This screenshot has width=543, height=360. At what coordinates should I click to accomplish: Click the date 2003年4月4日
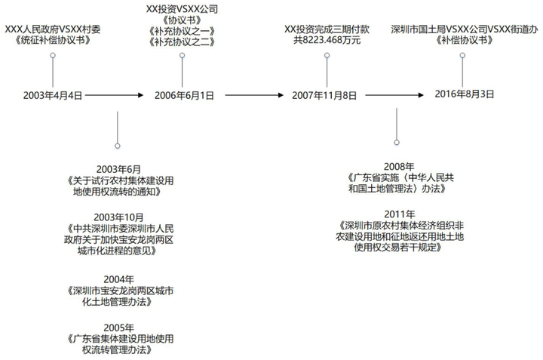(53, 95)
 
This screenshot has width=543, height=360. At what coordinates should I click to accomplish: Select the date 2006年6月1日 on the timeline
(184, 95)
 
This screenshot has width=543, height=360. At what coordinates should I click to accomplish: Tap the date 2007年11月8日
(324, 95)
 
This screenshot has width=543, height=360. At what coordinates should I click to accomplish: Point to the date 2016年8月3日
(465, 94)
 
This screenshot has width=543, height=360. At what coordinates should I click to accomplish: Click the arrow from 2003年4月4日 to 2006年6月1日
(115, 95)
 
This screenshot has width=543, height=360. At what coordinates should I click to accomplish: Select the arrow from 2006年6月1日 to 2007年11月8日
(254, 95)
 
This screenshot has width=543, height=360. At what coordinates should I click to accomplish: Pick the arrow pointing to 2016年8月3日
(394, 95)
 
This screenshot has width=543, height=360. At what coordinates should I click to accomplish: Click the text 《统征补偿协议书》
(53, 40)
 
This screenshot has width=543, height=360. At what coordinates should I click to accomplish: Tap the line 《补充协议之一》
(183, 31)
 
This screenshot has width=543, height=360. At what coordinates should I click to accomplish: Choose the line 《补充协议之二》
(183, 42)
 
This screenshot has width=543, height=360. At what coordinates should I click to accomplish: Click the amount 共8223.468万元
(327, 40)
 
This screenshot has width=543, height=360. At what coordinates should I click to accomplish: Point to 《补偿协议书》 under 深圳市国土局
(465, 40)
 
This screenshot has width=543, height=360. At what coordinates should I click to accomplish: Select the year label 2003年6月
(118, 169)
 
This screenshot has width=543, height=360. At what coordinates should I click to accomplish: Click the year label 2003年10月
(118, 217)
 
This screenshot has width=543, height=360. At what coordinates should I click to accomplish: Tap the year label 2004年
(118, 279)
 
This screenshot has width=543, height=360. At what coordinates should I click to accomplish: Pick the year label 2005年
(118, 328)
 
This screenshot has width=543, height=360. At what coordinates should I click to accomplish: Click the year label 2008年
(399, 167)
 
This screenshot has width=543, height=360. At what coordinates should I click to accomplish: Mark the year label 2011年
(399, 214)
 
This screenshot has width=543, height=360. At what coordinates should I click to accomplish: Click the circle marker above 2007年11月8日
(327, 55)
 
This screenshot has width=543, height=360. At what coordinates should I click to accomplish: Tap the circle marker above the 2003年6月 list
(118, 146)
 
